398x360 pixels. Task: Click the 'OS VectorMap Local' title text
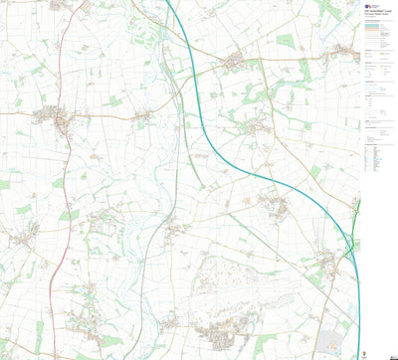(376, 11)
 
